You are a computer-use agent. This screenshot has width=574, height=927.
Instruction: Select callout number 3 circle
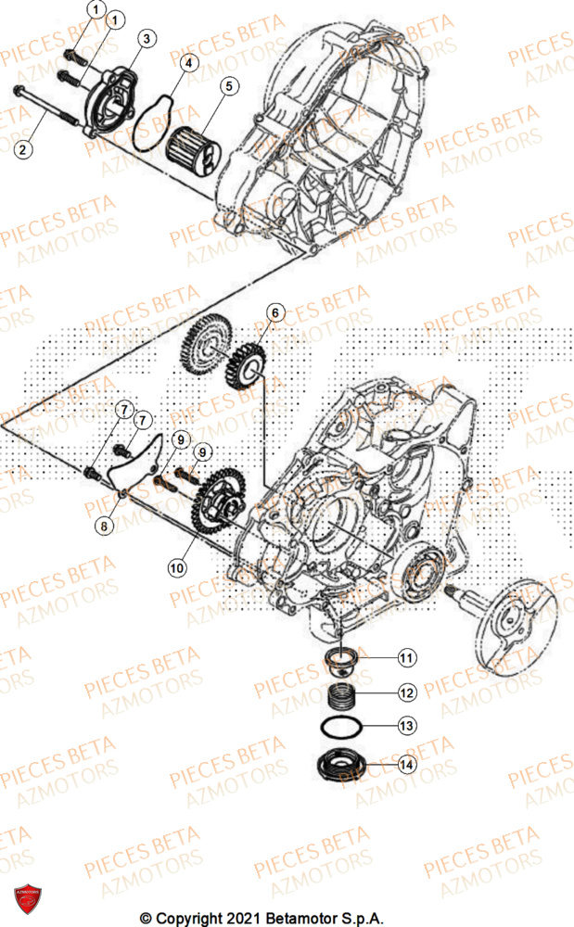[147, 37]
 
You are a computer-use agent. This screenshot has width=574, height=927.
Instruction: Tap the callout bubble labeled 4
[188, 63]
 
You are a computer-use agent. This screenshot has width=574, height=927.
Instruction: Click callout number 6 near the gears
[274, 311]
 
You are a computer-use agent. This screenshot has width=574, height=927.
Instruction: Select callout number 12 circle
[406, 692]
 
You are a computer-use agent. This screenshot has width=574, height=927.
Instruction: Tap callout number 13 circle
[406, 724]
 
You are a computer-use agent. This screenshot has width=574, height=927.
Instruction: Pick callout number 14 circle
[406, 765]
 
